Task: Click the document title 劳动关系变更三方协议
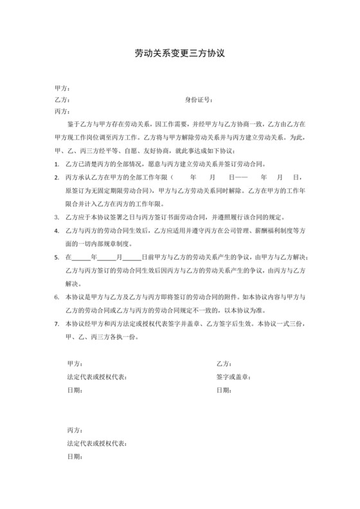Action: (x=179, y=54)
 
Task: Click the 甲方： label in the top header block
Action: (x=62, y=89)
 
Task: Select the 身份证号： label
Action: (x=199, y=100)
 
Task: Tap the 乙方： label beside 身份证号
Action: (x=62, y=100)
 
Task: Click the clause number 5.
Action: (x=59, y=257)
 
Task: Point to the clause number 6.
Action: (x=59, y=298)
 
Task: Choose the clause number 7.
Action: (x=59, y=325)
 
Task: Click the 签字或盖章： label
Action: (x=233, y=377)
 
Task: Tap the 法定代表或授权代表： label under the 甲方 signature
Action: (x=96, y=377)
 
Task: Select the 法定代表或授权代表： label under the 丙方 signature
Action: (x=96, y=443)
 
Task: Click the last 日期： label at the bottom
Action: (x=74, y=456)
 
